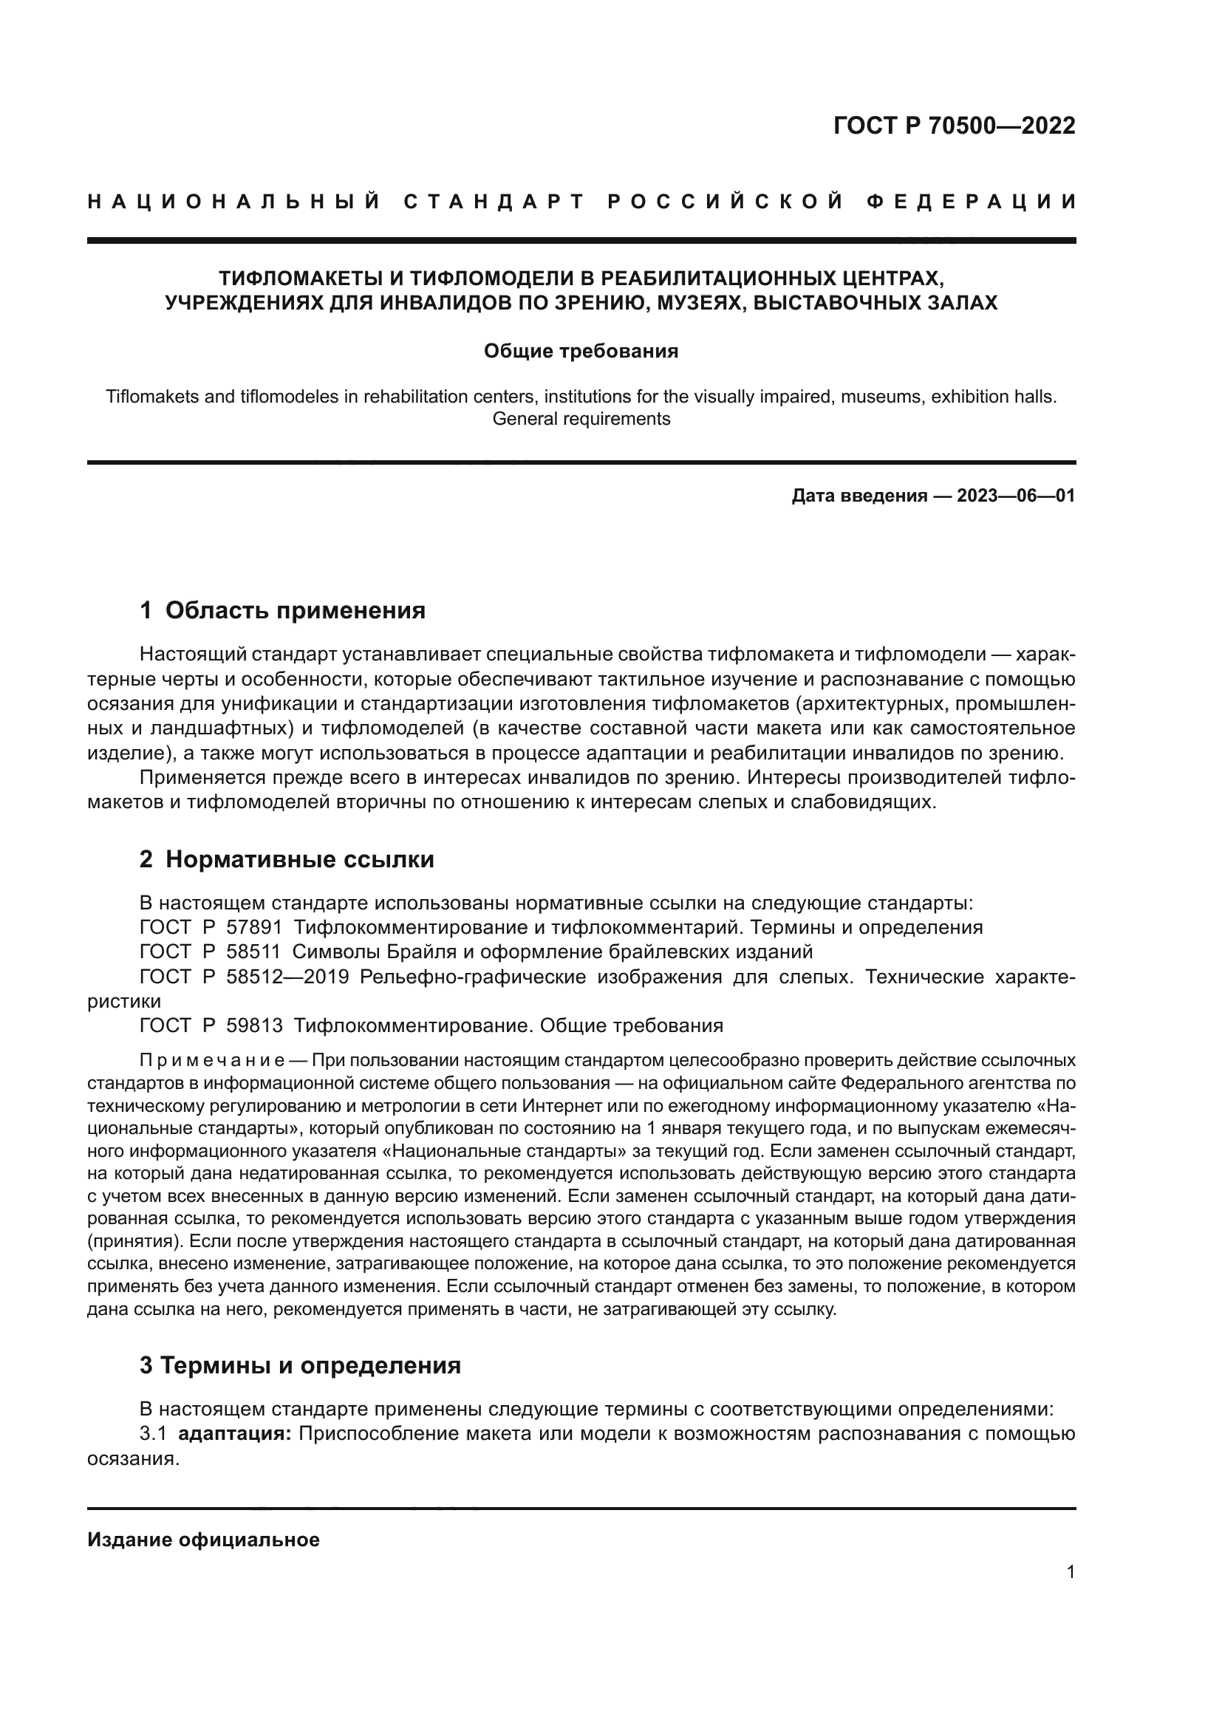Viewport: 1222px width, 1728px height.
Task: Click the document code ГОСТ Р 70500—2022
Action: coord(954,126)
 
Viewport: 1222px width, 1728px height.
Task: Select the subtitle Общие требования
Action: coord(581,352)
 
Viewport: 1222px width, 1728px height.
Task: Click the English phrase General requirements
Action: coord(581,419)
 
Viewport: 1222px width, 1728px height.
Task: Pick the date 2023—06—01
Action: coord(1016,496)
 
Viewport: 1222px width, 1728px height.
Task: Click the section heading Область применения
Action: coord(295,610)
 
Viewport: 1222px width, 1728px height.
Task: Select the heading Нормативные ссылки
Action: coord(299,859)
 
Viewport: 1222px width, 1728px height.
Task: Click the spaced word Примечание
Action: coord(212,1061)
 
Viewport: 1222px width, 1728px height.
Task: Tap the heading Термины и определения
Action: coord(310,1365)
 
